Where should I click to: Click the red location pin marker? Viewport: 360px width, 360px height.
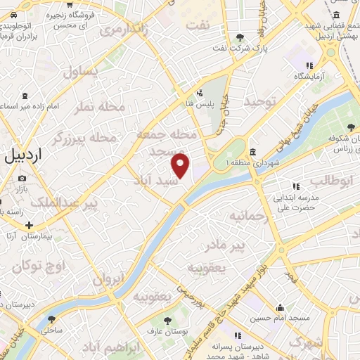pyautogui.click(x=181, y=166)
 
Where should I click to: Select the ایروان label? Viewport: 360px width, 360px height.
pyautogui.click(x=108, y=279)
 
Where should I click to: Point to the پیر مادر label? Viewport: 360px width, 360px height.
pyautogui.click(x=225, y=246)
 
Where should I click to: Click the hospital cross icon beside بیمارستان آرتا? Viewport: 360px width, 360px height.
pyautogui.click(x=29, y=226)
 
